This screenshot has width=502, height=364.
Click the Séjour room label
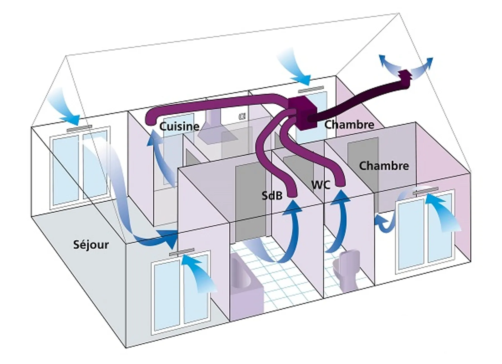coord(91,245)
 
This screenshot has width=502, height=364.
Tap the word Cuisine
coord(179,126)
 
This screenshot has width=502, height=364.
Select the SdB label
coord(272,196)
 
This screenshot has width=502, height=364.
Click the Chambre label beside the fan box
coord(349,124)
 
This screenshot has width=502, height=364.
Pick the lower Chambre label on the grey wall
coord(384,166)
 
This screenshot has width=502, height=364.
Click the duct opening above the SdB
coord(291,194)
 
